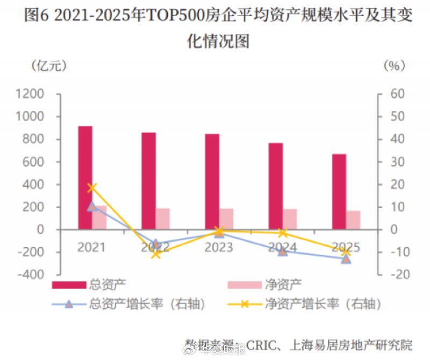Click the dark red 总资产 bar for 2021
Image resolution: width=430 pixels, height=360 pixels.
85,178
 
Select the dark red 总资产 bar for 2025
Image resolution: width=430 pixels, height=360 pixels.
339,192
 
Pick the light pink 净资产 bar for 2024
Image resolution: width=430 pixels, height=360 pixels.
290,218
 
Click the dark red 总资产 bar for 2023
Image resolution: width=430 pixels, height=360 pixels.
212,181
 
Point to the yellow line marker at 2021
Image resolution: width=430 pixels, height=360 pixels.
92,188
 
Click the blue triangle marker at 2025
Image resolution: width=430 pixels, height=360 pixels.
346,259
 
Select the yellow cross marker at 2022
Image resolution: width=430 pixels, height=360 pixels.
155,254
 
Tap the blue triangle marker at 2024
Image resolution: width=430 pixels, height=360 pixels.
283,251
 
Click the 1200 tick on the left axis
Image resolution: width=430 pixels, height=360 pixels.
32,94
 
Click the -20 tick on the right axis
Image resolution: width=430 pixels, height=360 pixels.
395,274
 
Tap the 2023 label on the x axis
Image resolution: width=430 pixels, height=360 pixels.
219,248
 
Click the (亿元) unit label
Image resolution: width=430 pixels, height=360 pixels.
49,66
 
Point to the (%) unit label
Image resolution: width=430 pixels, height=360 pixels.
394,66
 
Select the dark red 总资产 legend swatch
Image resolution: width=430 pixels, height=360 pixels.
68,284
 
